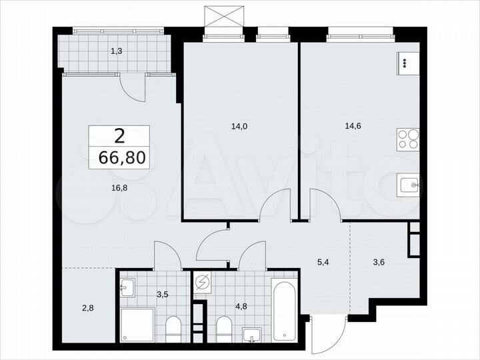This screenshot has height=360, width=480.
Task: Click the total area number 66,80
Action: (120, 158)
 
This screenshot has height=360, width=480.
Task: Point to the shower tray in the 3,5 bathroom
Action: (138, 325)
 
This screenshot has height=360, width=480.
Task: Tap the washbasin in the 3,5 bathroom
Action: (129, 289)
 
